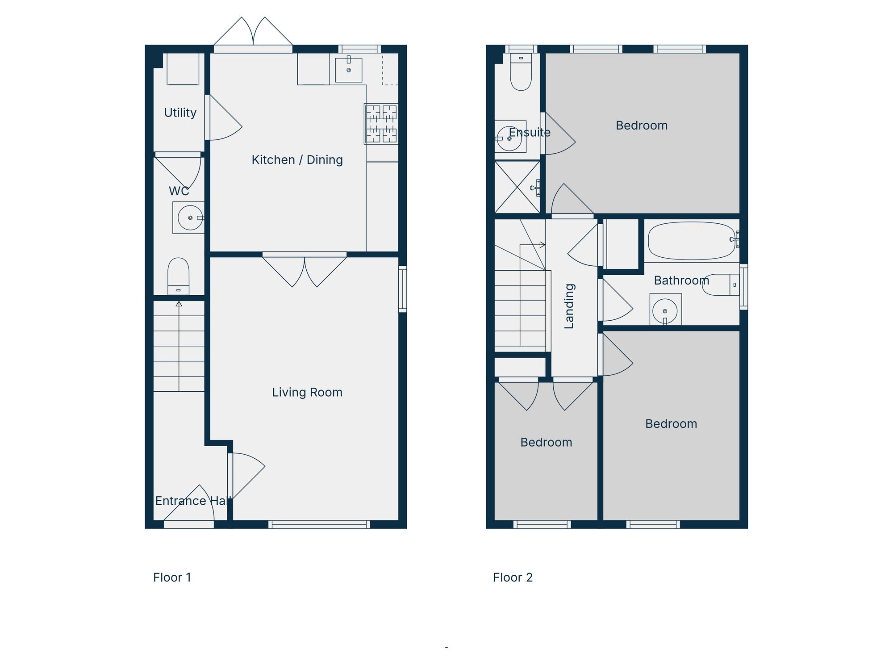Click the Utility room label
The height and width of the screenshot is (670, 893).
tap(180, 113)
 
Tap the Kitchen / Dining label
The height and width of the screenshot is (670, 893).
tap(297, 160)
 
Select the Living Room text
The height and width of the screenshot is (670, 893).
tap(307, 392)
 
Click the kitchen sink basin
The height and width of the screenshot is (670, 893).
tap(348, 70)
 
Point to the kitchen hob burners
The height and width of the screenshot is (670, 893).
tap(381, 124)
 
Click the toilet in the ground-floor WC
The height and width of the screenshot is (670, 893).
tap(178, 275)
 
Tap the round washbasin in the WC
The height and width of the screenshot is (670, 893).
tap(190, 218)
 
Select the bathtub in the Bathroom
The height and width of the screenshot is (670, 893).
tap(691, 241)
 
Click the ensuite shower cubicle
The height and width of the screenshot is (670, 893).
tap(517, 187)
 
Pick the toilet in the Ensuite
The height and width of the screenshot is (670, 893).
tap(521, 74)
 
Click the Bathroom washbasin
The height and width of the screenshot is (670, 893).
tap(665, 310)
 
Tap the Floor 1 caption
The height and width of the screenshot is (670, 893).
tap(172, 578)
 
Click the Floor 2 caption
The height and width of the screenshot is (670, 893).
tap(513, 578)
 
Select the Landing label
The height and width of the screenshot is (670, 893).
tap(569, 306)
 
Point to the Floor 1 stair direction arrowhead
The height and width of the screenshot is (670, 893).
tap(179, 304)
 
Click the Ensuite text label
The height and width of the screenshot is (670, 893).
tap(530, 132)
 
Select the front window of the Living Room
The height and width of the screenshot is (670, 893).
tap(319, 524)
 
